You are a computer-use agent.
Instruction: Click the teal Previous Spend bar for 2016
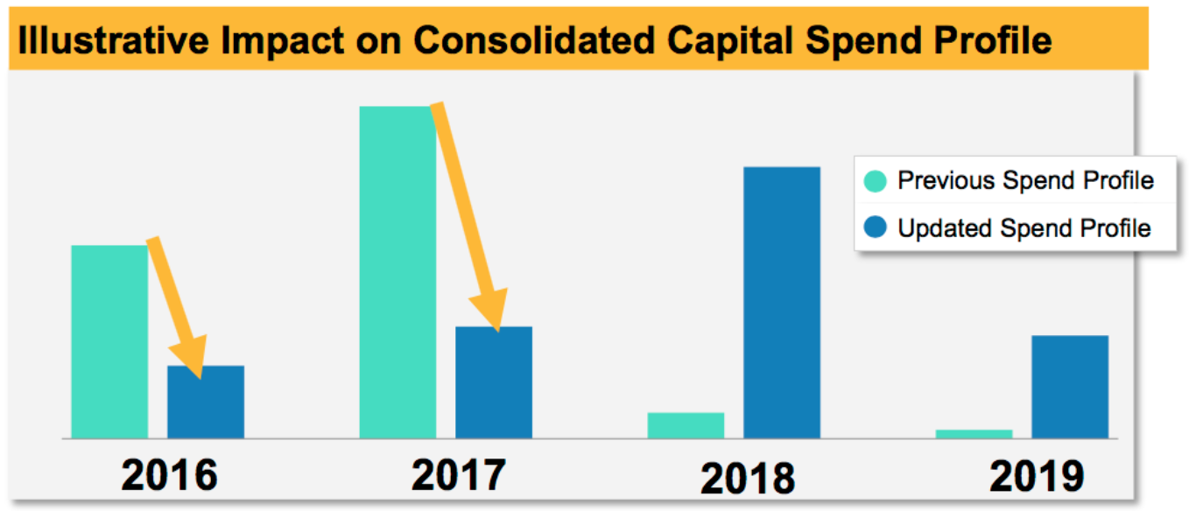tap(109, 341)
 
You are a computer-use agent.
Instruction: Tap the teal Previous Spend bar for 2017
tap(398, 271)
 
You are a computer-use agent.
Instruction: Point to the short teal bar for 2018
tap(686, 425)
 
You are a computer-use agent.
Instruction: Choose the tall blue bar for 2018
tap(782, 302)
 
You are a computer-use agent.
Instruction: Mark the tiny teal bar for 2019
tap(974, 434)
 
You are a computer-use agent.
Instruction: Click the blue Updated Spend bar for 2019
tap(1070, 387)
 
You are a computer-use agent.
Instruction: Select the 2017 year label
tap(458, 474)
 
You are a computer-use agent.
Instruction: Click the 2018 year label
tap(748, 478)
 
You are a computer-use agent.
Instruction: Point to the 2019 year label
tap(1037, 478)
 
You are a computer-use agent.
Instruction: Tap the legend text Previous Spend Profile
tap(1025, 181)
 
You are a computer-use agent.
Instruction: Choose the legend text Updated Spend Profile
tap(1024, 228)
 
